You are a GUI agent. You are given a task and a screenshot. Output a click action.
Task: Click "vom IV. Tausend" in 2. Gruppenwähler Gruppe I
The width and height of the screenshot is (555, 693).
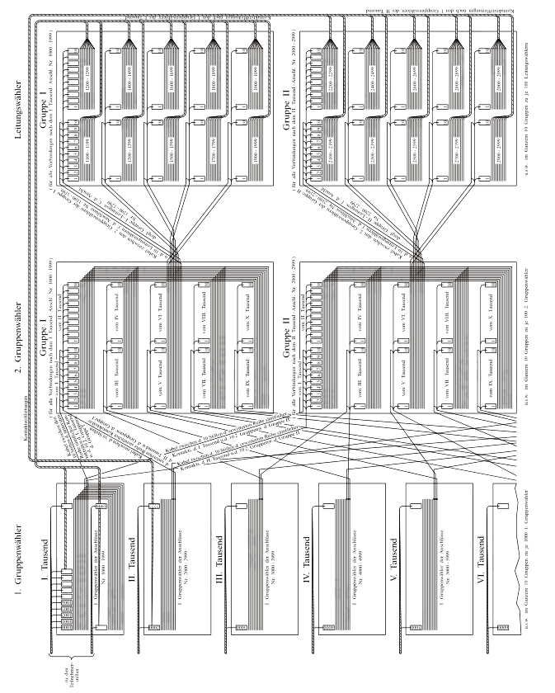[x=116, y=301]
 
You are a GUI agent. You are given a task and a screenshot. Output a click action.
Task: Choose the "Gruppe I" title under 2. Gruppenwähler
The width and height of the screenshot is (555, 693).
[x=40, y=338]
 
